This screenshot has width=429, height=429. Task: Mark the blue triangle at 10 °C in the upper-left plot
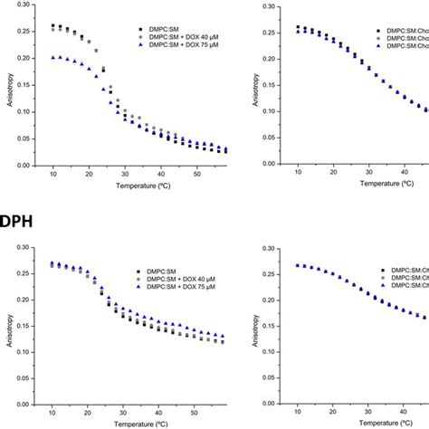point(53,57)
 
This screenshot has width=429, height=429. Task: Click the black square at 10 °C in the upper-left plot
point(53,25)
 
